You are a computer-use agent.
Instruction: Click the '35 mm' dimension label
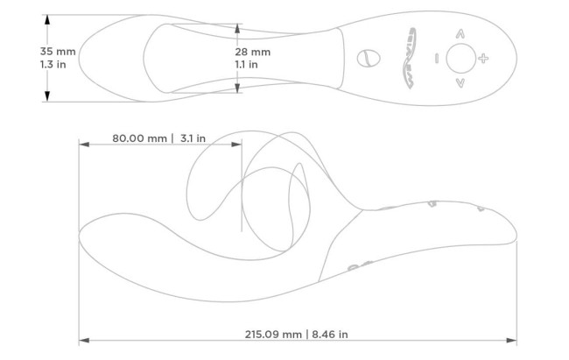58,52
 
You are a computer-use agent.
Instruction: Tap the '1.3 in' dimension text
53,65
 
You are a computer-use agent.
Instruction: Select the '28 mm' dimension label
253,52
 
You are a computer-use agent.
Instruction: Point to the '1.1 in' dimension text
246,65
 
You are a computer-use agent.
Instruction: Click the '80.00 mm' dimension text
139,138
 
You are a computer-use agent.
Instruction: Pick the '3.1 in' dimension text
193,138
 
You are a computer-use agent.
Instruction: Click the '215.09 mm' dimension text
273,335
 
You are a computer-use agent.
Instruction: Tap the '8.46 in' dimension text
330,335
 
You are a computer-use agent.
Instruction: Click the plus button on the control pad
483,58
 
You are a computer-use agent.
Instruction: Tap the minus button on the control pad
437,58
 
